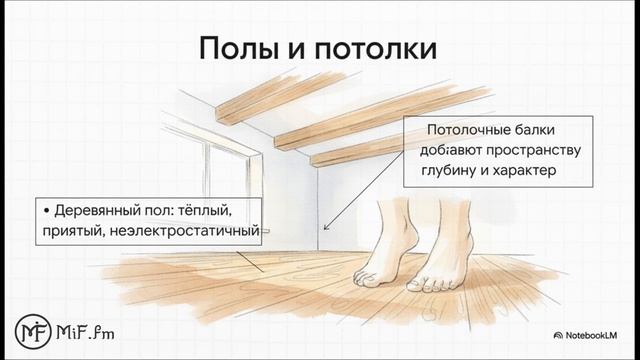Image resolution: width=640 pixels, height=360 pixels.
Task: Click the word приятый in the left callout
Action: pyautogui.click(x=75, y=233)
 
